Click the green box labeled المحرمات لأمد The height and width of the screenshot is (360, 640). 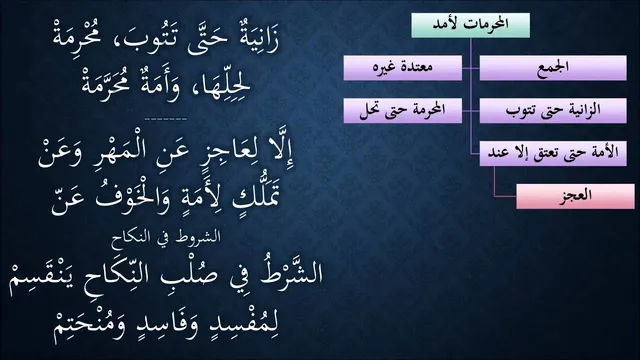pos(471,25)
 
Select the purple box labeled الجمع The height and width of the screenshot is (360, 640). pos(553,68)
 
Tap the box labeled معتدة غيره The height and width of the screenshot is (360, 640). pos(403,68)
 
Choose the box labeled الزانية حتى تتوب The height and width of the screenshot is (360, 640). pos(553,110)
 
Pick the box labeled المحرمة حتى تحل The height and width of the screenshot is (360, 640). pos(403,110)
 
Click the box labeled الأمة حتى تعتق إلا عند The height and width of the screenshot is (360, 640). pos(553,153)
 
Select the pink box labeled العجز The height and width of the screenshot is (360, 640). pos(576,196)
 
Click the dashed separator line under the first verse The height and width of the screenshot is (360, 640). pos(166,119)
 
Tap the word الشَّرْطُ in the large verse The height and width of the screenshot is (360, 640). pos(287,272)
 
